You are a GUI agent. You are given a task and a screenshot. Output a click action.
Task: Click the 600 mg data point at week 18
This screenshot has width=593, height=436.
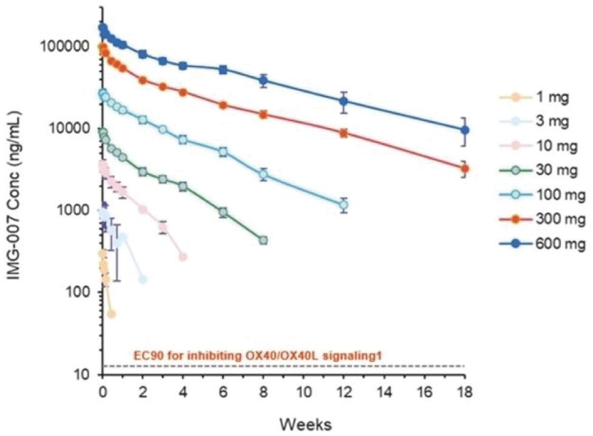point(466,130)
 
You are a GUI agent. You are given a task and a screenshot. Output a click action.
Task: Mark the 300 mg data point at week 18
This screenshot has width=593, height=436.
point(466,169)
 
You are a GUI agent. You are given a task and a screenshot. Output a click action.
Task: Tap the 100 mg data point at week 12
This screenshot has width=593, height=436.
point(344,205)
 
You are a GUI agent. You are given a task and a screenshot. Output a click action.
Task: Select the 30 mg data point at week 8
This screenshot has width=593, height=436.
point(263,240)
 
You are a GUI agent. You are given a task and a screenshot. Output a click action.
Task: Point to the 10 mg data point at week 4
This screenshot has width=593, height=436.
point(183,257)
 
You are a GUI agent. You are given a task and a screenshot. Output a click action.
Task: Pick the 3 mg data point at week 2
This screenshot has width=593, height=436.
point(143,280)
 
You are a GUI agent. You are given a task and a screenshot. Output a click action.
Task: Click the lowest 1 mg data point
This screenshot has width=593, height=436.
point(111,314)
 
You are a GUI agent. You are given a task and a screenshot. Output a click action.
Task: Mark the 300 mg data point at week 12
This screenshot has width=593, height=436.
point(344,133)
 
